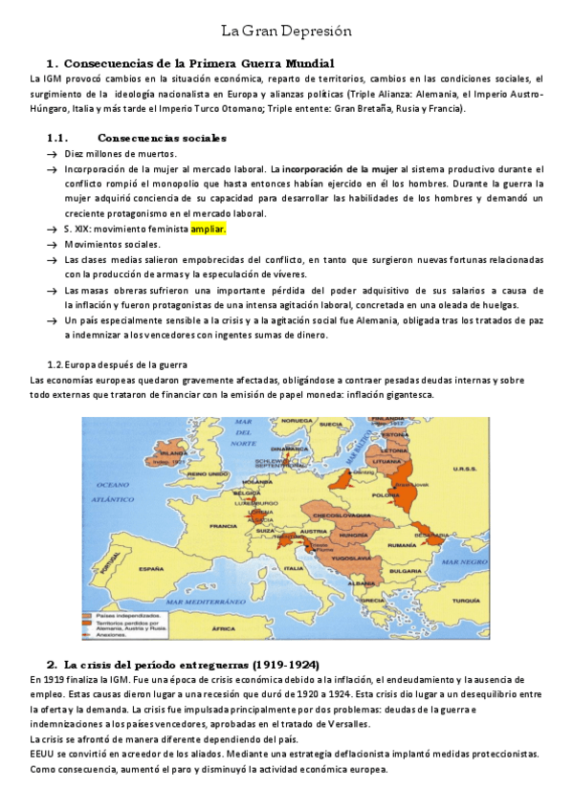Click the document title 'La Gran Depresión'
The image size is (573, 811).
pyautogui.click(x=286, y=32)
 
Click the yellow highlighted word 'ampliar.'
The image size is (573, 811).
pyautogui.click(x=208, y=230)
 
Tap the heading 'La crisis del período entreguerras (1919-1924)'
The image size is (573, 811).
pyautogui.click(x=190, y=664)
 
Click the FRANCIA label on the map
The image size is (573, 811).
pyautogui.click(x=223, y=525)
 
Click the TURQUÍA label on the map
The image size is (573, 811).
pyautogui.click(x=466, y=573)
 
